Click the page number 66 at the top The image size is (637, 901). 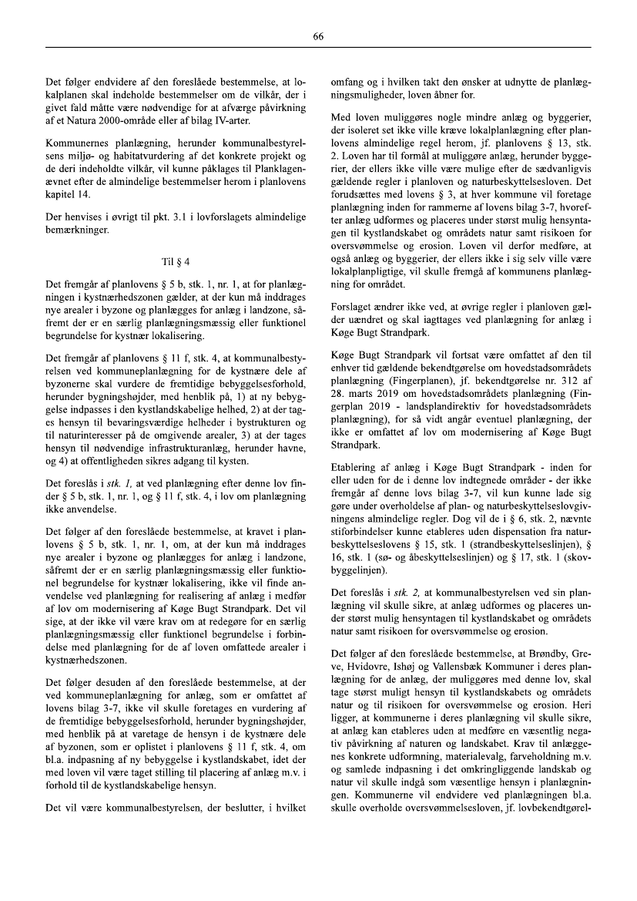(318, 36)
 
